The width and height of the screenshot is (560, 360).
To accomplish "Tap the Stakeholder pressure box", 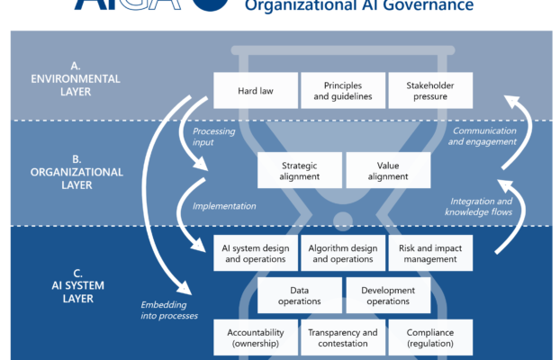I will [430, 91].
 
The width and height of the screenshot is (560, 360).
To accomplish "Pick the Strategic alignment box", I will [299, 170].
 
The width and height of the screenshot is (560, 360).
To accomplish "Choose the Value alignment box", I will [387, 170].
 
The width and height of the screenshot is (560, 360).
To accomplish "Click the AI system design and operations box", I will [254, 253].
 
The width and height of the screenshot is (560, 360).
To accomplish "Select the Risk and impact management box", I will [430, 253].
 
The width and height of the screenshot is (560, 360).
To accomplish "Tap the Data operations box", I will [299, 295].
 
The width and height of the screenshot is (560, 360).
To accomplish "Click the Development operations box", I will [387, 295].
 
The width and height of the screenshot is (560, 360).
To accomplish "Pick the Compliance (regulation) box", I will [430, 337].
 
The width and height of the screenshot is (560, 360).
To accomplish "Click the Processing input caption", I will [213, 137].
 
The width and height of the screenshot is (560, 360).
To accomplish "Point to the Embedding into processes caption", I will [169, 309].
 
